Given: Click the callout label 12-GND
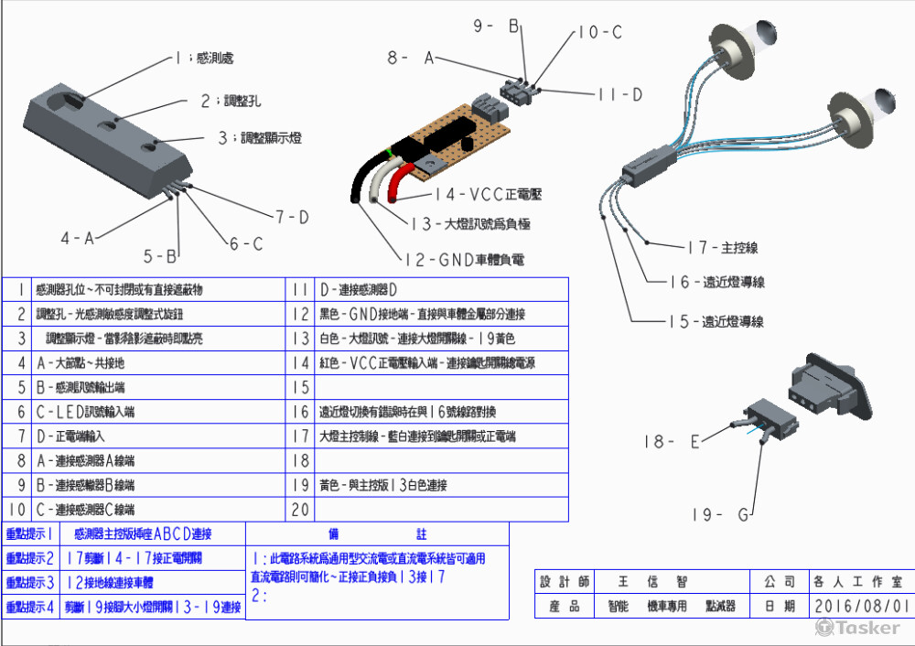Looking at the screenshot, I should [466, 260].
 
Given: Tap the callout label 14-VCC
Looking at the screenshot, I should [489, 194].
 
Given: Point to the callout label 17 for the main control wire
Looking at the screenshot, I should [722, 247].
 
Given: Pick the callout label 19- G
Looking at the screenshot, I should [717, 514].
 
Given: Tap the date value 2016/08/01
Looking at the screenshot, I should [860, 606].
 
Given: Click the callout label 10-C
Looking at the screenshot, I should [599, 32].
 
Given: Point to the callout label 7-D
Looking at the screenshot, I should [292, 217].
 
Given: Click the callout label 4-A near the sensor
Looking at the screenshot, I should [78, 239].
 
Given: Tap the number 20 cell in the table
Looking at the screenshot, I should [299, 510].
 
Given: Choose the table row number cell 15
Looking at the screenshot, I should [299, 387].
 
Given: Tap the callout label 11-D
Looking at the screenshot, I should [619, 94].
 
